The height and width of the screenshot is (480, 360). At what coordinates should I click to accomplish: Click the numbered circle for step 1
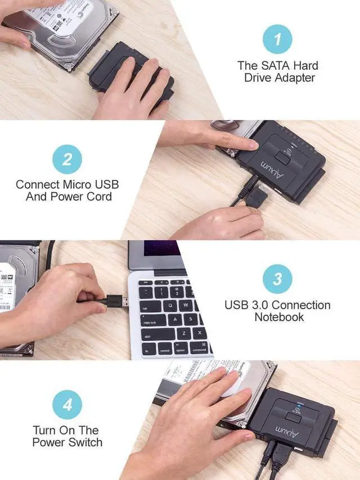pos(278,39)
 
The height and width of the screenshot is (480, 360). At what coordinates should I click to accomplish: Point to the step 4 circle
pos(67,405)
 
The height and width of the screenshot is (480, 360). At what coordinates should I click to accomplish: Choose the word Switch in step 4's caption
pos(87,442)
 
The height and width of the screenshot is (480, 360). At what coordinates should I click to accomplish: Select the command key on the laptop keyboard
pos(199,350)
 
